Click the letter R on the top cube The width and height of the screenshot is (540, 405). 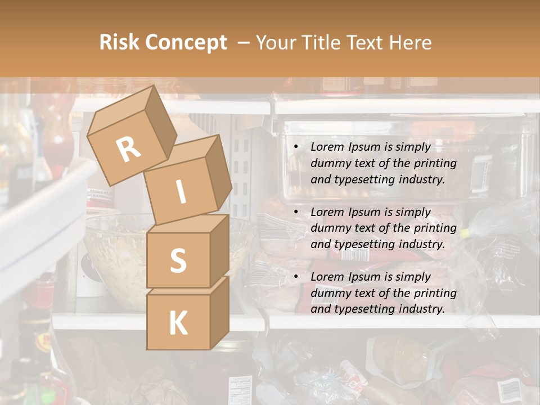128,149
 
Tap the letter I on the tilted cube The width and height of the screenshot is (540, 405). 181,192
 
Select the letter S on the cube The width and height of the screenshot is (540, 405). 178,260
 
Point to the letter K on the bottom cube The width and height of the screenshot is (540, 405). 178,323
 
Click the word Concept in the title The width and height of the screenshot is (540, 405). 186,42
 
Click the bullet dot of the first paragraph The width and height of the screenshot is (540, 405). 296,147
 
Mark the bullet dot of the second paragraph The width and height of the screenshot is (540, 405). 296,213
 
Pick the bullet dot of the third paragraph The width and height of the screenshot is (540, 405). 296,277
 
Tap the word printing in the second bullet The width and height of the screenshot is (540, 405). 435,228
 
